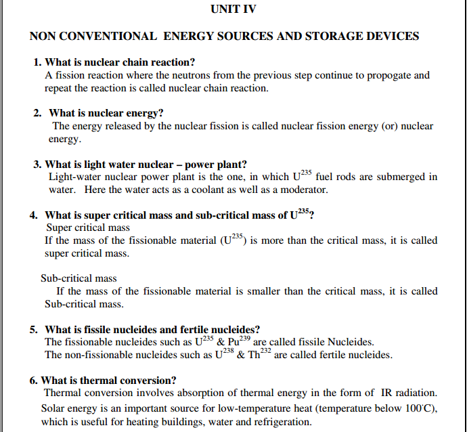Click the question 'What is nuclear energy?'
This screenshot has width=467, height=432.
pos(106,112)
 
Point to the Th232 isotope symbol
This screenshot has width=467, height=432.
pos(259,353)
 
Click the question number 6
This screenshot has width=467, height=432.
pos(34,380)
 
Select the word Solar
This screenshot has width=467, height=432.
pos(54,408)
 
